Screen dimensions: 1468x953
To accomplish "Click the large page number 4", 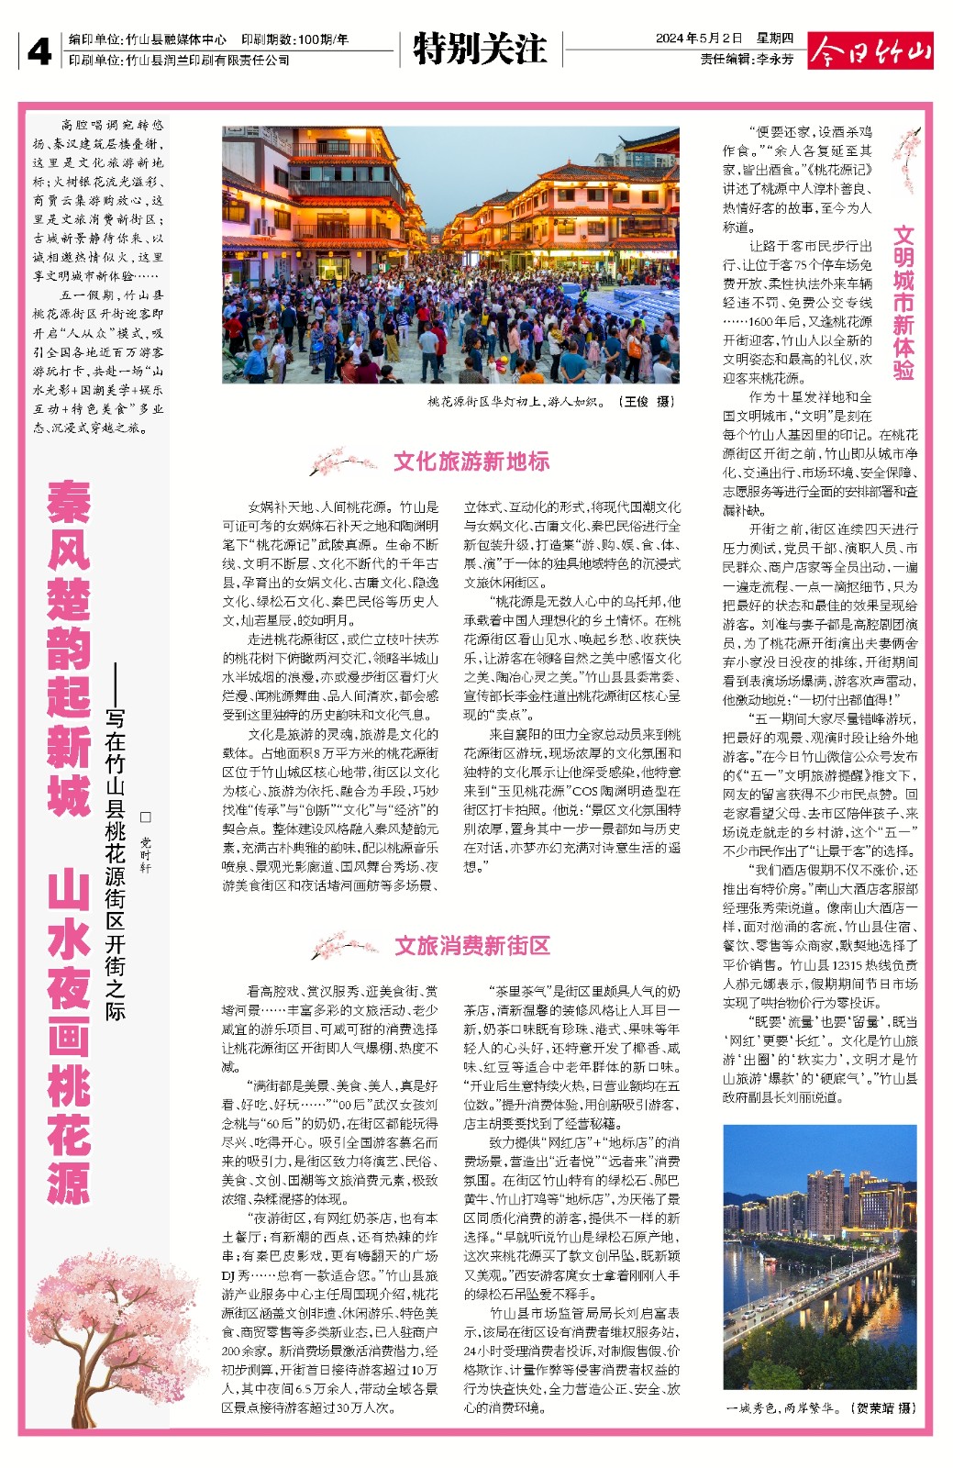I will click(39, 51).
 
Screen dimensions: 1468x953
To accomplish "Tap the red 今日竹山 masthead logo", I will click(870, 51).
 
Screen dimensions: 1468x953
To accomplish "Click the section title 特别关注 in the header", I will click(479, 49).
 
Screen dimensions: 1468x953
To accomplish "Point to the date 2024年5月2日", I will click(698, 39).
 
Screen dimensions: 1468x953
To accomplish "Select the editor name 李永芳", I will click(775, 59).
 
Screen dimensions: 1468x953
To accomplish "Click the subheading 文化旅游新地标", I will click(471, 462).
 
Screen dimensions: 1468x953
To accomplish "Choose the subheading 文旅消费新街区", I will click(472, 946).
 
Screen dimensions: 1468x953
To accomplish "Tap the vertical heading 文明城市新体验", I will click(903, 303).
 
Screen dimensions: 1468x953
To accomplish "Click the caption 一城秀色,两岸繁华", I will click(781, 1407).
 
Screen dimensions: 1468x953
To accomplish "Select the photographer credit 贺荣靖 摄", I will click(881, 1407).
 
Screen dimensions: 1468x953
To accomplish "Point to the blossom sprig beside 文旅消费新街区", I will click(343, 946).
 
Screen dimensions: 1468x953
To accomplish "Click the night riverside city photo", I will click(819, 1256).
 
